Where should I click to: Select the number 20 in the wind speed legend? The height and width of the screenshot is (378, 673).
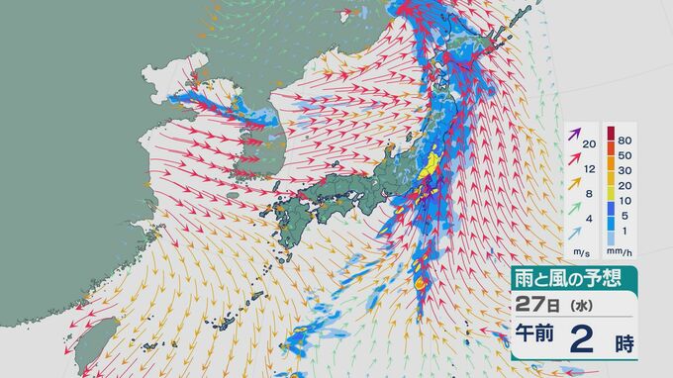590,144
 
